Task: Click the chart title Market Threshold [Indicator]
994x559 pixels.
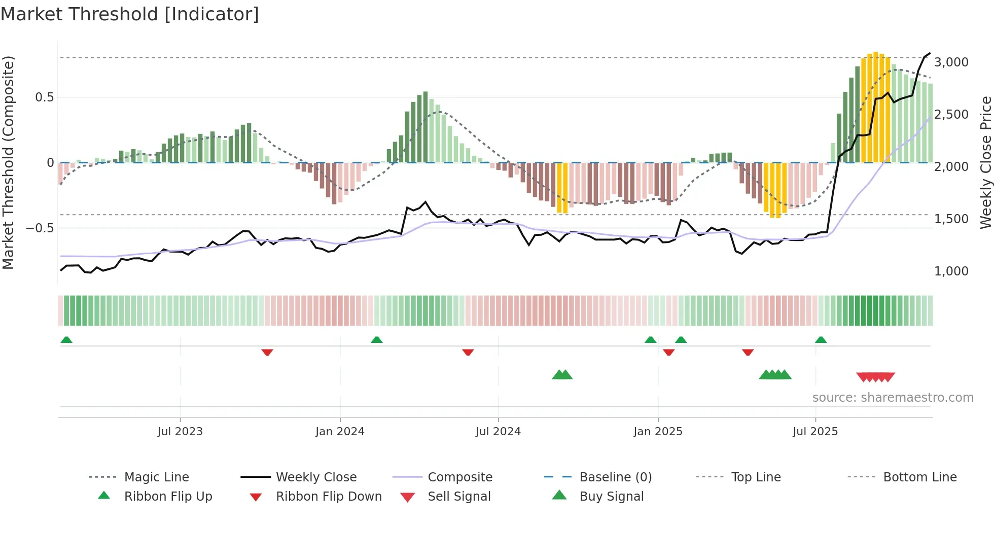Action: (x=130, y=14)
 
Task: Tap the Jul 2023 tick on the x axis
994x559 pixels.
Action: (x=180, y=432)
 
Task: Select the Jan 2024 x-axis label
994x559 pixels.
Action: (x=340, y=432)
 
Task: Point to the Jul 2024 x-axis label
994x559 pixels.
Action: (x=498, y=432)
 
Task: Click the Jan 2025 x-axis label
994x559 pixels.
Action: (x=658, y=432)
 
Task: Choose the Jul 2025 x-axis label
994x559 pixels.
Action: (x=815, y=432)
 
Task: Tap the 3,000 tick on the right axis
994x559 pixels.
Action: (x=951, y=62)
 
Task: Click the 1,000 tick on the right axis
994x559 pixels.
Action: (x=951, y=271)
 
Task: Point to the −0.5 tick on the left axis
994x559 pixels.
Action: (x=40, y=228)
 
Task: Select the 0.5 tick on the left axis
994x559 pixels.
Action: (x=44, y=97)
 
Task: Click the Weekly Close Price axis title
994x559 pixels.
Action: (x=985, y=162)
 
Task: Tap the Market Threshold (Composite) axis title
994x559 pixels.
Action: (x=8, y=162)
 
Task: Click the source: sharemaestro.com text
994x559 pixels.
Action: (x=893, y=398)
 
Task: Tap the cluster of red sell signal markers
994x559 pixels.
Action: (x=876, y=377)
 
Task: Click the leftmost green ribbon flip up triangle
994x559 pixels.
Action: (x=66, y=340)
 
